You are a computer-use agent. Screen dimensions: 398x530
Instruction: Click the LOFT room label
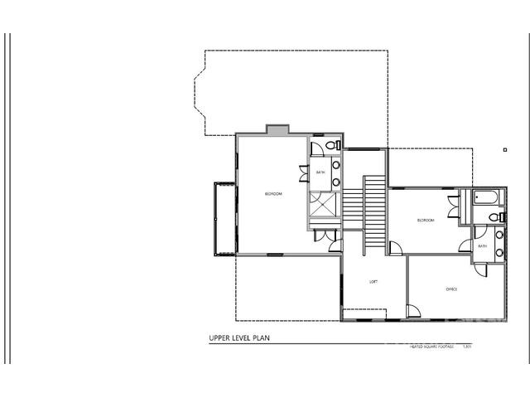pyautogui.click(x=373, y=282)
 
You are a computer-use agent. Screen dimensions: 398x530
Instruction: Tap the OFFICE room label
pyautogui.click(x=451, y=289)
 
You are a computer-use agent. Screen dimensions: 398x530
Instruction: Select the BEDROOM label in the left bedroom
pyautogui.click(x=273, y=194)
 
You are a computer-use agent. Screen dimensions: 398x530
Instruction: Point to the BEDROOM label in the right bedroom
pyautogui.click(x=425, y=220)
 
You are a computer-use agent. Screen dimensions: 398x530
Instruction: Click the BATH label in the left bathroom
pyautogui.click(x=320, y=172)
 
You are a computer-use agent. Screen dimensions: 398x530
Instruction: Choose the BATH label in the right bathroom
pyautogui.click(x=482, y=245)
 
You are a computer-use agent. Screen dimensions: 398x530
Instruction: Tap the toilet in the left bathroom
pyautogui.click(x=330, y=147)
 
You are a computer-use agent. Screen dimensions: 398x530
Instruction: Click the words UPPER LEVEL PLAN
pyautogui.click(x=240, y=338)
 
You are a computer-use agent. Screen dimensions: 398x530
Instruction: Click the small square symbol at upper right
pyautogui.click(x=504, y=150)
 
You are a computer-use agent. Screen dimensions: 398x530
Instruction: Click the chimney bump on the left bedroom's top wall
pyautogui.click(x=277, y=129)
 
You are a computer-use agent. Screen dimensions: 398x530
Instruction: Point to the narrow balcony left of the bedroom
pyautogui.click(x=219, y=219)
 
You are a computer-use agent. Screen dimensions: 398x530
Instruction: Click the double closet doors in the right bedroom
pyautogui.click(x=453, y=207)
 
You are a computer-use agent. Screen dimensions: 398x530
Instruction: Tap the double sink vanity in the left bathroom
pyautogui.click(x=336, y=172)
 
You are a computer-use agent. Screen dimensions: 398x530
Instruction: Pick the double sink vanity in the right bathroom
pyautogui.click(x=499, y=244)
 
